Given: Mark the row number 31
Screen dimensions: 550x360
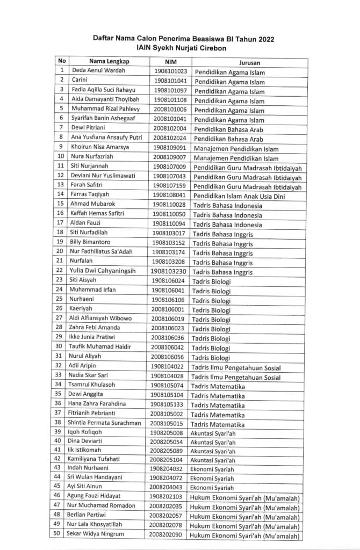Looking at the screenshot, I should coord(61,356).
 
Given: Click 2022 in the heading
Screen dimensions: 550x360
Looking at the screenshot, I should coord(262,39).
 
